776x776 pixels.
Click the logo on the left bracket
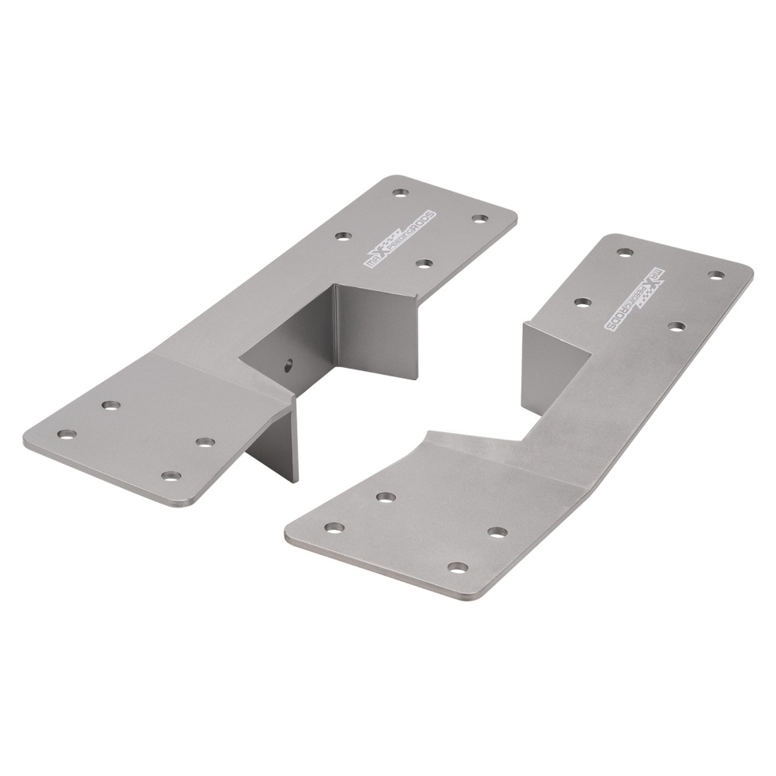click(x=400, y=241)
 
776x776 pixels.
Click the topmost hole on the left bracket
click(x=400, y=192)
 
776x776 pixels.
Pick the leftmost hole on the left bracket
click(x=67, y=434)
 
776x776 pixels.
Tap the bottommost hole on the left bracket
click(x=171, y=476)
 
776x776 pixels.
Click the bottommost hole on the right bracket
click(x=458, y=567)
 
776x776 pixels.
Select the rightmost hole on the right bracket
click(x=715, y=275)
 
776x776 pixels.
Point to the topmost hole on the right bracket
click(x=625, y=252)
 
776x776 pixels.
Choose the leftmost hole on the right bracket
click(x=334, y=528)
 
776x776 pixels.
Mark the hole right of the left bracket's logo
click(x=480, y=219)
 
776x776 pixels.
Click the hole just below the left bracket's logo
click(x=424, y=263)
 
